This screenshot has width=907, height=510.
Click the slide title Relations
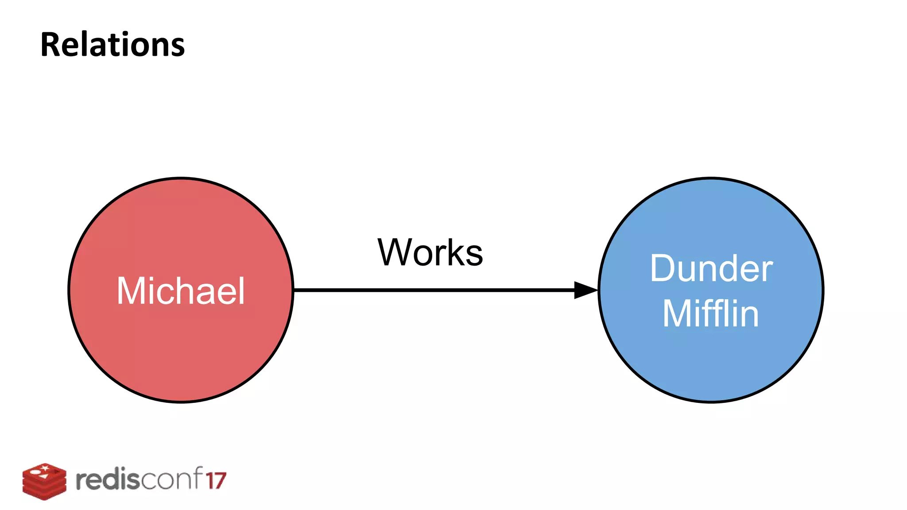(112, 45)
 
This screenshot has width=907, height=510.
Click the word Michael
(181, 291)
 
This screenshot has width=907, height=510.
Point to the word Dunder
(711, 269)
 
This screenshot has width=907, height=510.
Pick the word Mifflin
(711, 313)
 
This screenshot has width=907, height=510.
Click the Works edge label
(430, 252)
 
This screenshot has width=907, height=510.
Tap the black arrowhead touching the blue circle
(585, 290)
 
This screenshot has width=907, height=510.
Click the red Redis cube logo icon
(44, 482)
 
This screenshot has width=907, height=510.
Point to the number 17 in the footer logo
(216, 481)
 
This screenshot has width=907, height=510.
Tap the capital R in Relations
(50, 45)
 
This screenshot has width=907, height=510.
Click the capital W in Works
(395, 252)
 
